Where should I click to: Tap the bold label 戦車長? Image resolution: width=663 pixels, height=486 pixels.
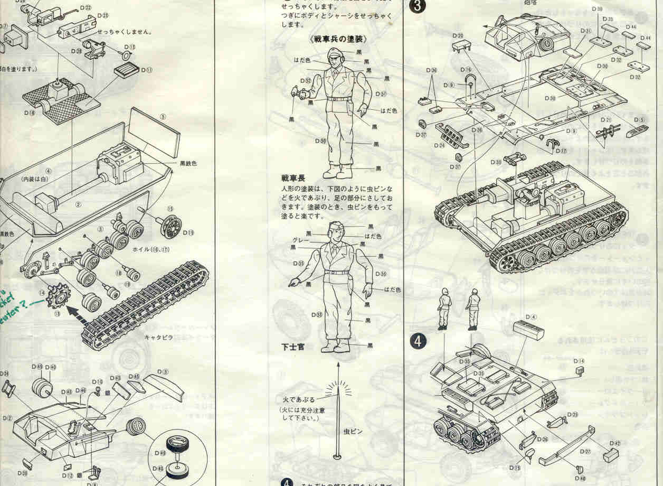[293, 179]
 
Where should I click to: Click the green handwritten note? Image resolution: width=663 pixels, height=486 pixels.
[16, 301]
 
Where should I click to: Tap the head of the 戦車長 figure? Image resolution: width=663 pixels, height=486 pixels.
[336, 57]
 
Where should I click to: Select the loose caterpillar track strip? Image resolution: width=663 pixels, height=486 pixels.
[145, 306]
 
